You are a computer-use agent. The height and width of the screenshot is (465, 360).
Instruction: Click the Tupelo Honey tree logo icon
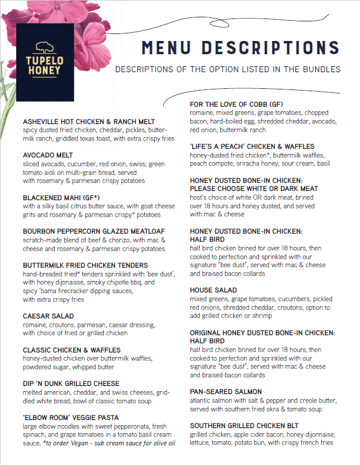pos(45,47)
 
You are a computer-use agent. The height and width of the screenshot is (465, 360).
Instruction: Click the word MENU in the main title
pos(168,47)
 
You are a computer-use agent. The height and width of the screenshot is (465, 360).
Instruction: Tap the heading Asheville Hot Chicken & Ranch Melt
pos(89,122)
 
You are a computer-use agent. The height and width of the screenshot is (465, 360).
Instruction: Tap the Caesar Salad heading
pos(48,316)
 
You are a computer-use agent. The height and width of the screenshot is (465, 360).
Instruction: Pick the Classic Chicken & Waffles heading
pos(72,350)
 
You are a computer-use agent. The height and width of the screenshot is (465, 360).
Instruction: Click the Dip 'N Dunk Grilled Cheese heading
pos(71,383)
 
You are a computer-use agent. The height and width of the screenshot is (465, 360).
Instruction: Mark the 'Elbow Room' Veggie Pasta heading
pos(71,417)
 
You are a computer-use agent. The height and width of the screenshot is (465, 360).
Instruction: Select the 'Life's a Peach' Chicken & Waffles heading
pos(252,147)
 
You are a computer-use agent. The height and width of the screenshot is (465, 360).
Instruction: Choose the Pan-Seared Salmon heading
pos(226,392)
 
